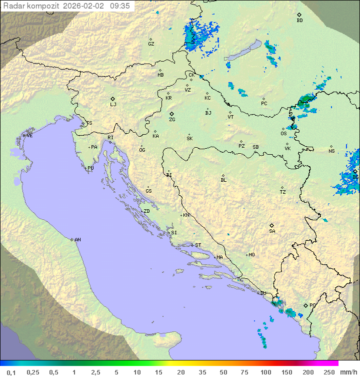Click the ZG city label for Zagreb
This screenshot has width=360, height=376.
tap(172, 120)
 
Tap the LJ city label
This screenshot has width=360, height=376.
tap(113, 105)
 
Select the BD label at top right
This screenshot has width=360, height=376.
tap(299, 21)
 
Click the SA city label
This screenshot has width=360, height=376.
tap(272, 231)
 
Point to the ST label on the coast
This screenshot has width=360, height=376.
tap(198, 245)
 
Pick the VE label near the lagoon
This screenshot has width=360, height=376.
tap(29, 136)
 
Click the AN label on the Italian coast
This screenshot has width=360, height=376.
tap(77, 240)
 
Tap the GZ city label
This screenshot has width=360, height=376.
tap(151, 44)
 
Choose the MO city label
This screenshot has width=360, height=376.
tap(251, 255)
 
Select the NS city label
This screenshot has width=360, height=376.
tap(331, 151)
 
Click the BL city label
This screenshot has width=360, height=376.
tap(223, 180)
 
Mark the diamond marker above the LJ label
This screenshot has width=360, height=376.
tap(113, 99)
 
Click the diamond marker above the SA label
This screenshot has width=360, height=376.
tap(272, 225)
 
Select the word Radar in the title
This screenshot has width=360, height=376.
tap(13, 6)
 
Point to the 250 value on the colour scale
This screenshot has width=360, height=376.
tap(328, 372)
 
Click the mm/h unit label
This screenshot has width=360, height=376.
tap(347, 372)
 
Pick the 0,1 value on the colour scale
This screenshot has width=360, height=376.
tap(10, 372)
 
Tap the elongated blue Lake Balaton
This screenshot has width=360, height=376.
tap(242, 51)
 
